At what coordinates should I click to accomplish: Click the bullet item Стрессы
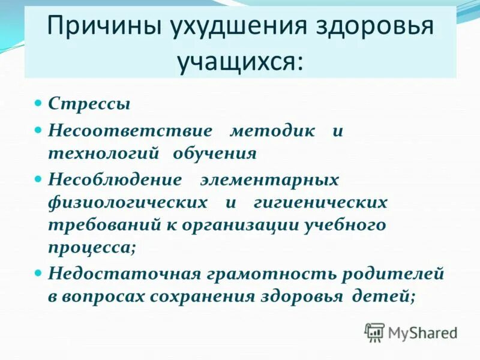tap(89, 104)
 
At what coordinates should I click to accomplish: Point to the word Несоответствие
tap(130, 131)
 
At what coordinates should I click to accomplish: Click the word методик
tap(272, 131)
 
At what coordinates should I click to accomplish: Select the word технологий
tap(103, 154)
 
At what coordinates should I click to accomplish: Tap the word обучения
tap(215, 154)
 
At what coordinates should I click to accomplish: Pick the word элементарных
tap(269, 179)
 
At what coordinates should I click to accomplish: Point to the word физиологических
tap(128, 202)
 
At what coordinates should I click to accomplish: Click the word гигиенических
tap(321, 202)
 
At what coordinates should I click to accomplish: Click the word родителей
tap(393, 274)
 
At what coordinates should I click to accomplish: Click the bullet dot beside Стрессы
tap(37, 102)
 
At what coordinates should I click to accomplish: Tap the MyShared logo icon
tap(374, 331)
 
